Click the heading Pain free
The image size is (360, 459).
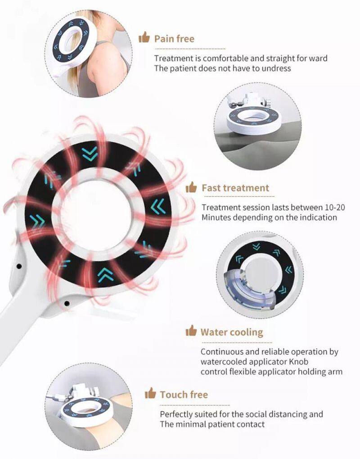[x=174, y=39]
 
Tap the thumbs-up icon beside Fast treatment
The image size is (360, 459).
[x=191, y=187]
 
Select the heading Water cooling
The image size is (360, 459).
[x=232, y=332]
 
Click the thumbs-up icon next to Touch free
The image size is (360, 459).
[x=150, y=393]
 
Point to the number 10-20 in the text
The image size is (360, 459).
[x=335, y=208]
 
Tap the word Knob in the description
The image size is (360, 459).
[x=299, y=362]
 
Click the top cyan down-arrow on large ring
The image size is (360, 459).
[x=90, y=154]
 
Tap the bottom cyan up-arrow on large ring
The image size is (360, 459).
[x=105, y=275]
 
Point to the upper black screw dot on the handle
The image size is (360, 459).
[x=19, y=266]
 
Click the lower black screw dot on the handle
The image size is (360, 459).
[x=67, y=303]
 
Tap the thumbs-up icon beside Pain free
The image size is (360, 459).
[x=144, y=37]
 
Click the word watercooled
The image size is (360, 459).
[x=223, y=362]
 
